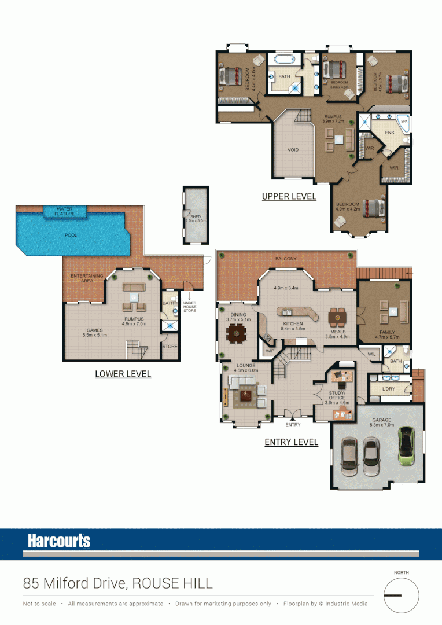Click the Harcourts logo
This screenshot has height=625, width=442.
[x=59, y=541]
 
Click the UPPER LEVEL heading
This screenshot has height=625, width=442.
[x=289, y=196]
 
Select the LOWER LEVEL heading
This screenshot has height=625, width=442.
[x=123, y=374]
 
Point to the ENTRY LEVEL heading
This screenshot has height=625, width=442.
[x=291, y=442]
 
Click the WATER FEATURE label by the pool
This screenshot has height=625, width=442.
[x=65, y=211]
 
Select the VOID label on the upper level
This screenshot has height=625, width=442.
[x=293, y=150]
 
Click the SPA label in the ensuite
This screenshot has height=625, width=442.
[x=404, y=122]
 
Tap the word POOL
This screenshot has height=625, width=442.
[x=70, y=236]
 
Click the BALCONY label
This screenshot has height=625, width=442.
[x=286, y=259]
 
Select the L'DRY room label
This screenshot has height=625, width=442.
[x=388, y=389]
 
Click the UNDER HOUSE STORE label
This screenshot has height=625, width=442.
[x=189, y=307]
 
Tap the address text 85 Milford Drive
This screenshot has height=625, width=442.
[x=75, y=583]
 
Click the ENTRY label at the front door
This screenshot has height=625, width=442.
[x=293, y=425]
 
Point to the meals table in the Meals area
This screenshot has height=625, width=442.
[x=337, y=317]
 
